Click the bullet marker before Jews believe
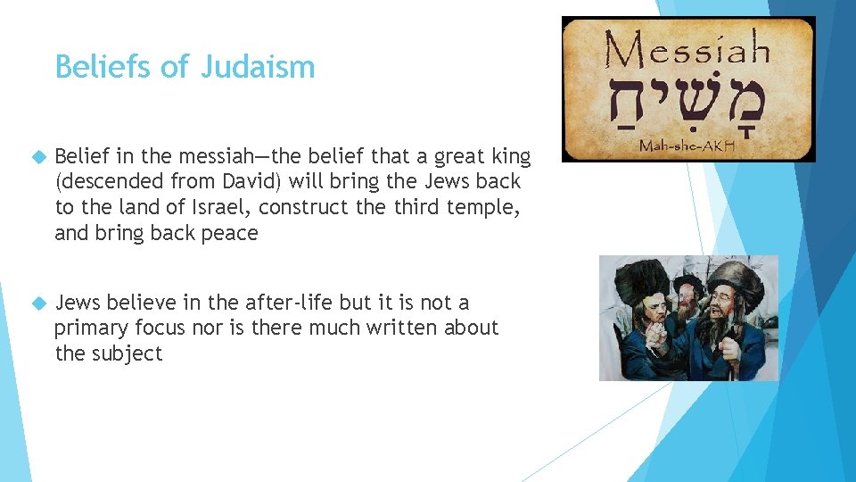tap(37, 303)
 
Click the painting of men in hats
tap(687, 318)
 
